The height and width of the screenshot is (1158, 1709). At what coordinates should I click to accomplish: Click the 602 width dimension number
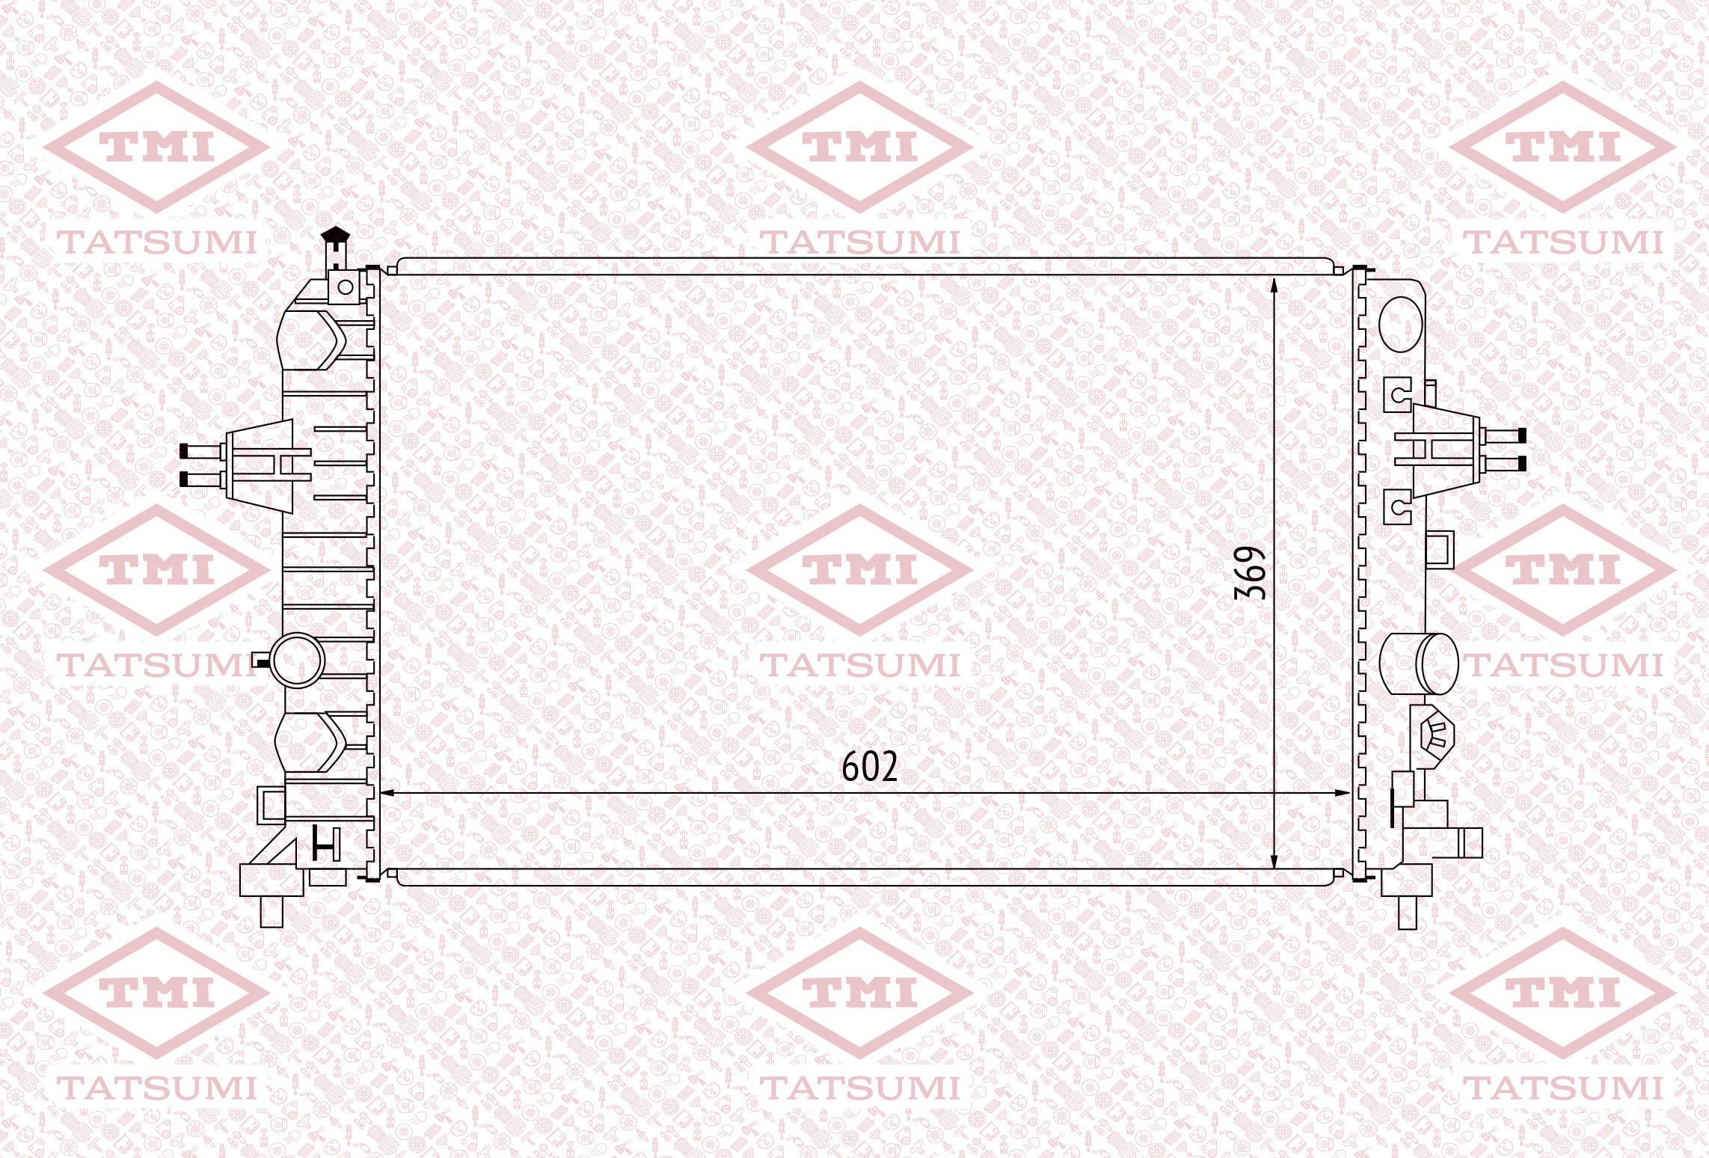869,767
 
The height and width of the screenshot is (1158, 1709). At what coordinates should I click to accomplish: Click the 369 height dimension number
1250,573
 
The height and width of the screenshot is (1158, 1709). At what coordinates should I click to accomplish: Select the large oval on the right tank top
1400,324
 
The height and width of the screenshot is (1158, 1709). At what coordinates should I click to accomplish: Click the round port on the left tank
297,660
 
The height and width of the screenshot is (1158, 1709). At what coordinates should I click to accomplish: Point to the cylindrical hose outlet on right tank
1419,664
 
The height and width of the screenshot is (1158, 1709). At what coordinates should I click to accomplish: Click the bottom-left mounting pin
272,911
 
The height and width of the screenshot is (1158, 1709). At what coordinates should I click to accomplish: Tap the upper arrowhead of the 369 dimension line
1274,284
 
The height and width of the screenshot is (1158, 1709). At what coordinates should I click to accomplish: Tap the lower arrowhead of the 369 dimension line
1274,861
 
